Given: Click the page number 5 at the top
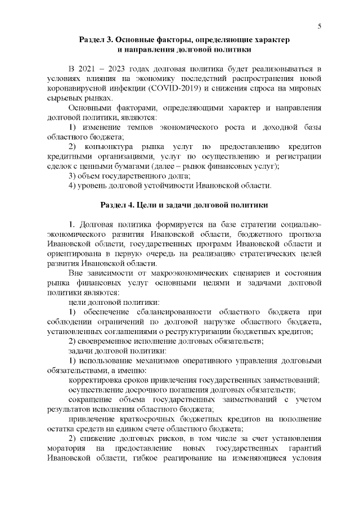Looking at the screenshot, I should click(319, 26).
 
